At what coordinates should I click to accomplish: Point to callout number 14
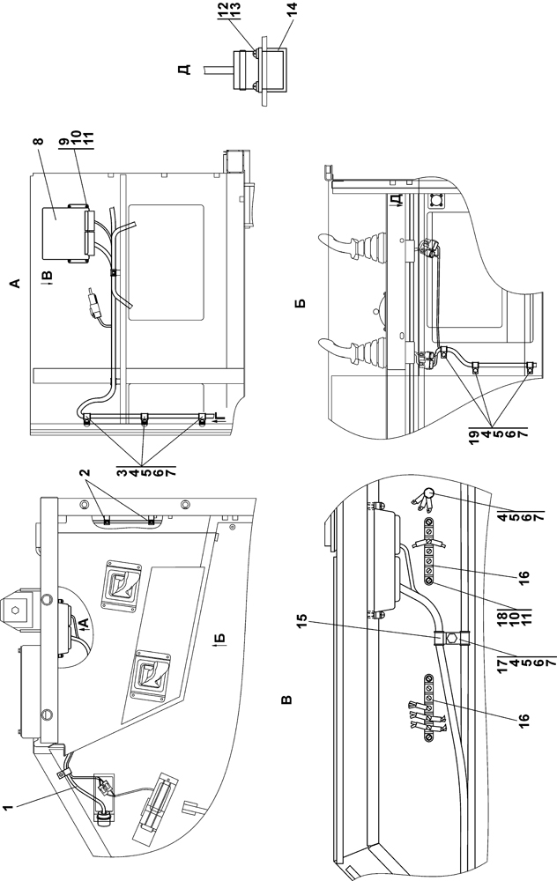click(293, 11)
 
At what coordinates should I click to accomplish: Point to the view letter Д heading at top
click(184, 67)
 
